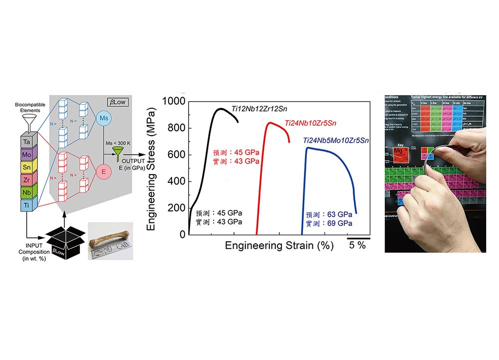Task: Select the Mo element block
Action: [26, 156]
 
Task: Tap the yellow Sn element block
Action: [26, 168]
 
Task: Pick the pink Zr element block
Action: [26, 180]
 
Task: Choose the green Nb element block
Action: [26, 192]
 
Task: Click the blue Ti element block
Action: [26, 205]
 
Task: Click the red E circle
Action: [104, 171]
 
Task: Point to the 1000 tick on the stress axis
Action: [174, 102]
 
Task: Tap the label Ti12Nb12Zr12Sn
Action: [259, 108]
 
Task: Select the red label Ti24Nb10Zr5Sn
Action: [311, 123]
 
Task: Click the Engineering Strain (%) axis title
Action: [279, 245]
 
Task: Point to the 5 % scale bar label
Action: [357, 245]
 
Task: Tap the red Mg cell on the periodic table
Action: [398, 151]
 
